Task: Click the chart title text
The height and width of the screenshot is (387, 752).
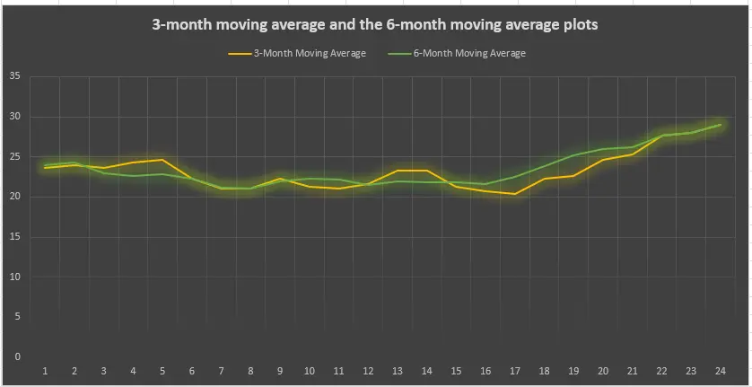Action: click(375, 25)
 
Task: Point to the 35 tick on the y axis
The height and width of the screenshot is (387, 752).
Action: click(14, 76)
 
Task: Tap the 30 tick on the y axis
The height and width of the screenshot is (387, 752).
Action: click(14, 117)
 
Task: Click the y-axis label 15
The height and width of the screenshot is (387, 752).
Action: click(14, 237)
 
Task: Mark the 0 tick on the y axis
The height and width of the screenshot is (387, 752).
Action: click(17, 356)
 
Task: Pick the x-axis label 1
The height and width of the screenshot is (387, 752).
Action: click(45, 371)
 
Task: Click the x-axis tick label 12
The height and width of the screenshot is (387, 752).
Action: click(368, 371)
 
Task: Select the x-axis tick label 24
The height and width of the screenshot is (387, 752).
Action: click(720, 371)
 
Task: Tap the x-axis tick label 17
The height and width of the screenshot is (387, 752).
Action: click(514, 371)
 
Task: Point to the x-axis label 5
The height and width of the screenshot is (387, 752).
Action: click(162, 371)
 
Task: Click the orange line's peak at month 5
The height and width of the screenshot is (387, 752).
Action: click(162, 160)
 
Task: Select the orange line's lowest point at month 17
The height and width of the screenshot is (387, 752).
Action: click(514, 194)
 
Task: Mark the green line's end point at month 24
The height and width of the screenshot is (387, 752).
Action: click(720, 125)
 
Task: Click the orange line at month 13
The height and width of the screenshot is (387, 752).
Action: click(397, 171)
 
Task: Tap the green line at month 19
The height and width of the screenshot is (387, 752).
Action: click(573, 155)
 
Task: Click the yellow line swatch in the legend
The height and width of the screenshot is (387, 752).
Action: click(239, 53)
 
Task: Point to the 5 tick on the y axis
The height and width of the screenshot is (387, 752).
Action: click(17, 317)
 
